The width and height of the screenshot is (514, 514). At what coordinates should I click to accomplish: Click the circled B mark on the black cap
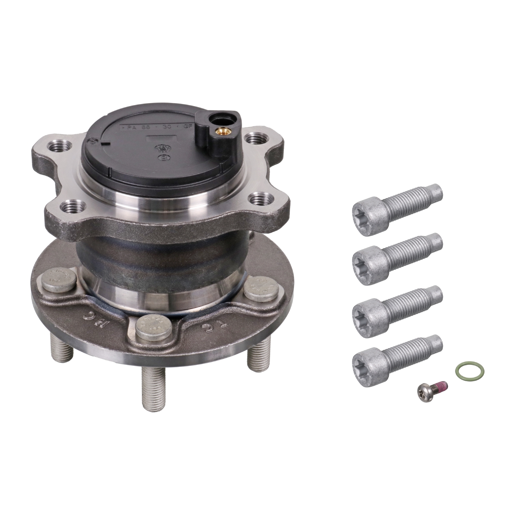(x=164, y=158)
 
